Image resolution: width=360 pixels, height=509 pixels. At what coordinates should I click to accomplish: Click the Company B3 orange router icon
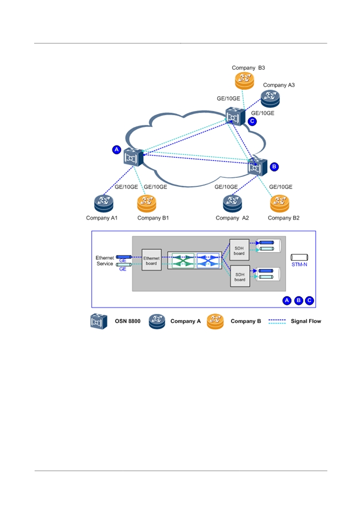[244, 81]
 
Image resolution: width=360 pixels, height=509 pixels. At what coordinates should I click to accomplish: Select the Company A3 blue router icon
[270, 98]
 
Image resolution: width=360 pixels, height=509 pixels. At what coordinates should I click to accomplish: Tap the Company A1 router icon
[104, 203]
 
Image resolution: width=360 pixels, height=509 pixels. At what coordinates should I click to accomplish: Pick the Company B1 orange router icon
[147, 203]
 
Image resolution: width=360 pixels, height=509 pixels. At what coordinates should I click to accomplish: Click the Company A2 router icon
[233, 203]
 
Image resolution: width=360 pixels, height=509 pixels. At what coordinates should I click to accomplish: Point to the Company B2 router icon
[279, 203]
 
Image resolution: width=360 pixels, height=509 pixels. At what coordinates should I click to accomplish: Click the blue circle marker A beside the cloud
[117, 150]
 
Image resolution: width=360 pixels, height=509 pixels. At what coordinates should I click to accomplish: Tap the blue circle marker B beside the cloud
[274, 167]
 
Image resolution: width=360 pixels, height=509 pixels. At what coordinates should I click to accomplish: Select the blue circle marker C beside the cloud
[252, 121]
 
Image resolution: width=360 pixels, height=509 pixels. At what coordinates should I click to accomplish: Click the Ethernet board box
[151, 260]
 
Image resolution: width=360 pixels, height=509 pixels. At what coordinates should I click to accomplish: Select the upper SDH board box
[239, 250]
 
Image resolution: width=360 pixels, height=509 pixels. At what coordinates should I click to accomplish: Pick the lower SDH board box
[240, 276]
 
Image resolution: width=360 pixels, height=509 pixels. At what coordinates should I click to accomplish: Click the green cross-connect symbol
[183, 260]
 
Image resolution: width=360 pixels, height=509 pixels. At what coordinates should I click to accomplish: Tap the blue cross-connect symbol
[208, 260]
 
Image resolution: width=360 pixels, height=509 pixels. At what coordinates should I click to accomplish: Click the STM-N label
[299, 264]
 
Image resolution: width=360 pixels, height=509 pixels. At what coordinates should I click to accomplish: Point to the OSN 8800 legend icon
[99, 322]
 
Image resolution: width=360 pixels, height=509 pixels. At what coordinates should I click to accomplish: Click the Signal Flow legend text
[306, 321]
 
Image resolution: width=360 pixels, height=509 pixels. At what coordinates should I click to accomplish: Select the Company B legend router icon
[215, 322]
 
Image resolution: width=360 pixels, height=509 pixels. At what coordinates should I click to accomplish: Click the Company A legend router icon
[157, 322]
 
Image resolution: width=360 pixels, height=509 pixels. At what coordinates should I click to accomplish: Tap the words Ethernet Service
[105, 261]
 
